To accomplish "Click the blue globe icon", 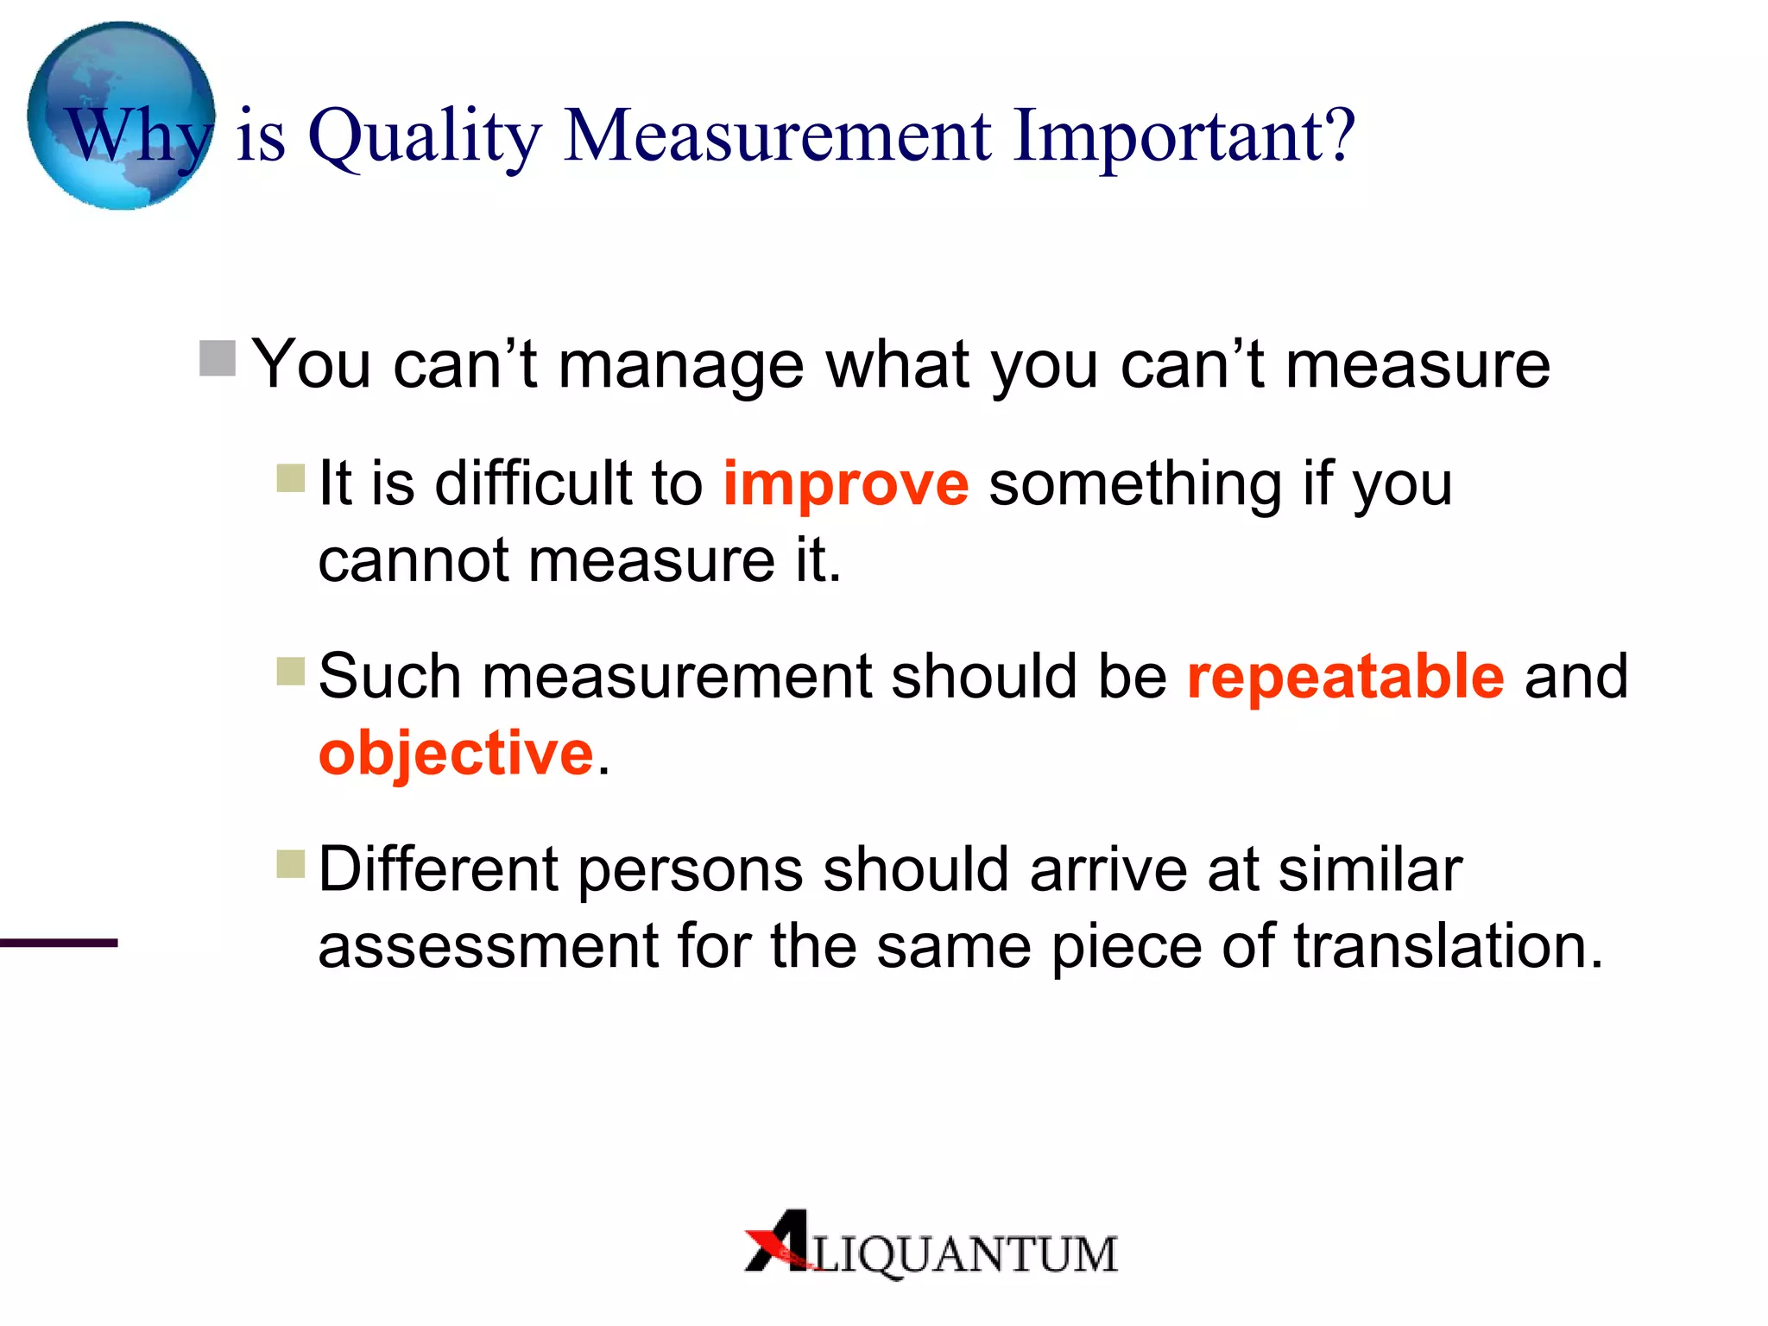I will click(121, 115).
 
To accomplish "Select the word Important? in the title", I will click(1184, 136).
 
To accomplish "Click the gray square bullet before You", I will click(218, 358).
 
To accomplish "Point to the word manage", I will click(681, 365).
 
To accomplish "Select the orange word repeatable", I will click(1346, 676).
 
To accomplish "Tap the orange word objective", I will click(456, 753).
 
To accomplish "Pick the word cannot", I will click(414, 560).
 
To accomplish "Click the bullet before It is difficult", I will click(291, 477).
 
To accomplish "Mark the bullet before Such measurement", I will click(291, 671).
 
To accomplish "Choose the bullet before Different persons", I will click(291, 863).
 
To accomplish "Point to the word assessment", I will click(488, 946).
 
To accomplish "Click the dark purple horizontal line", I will click(59, 943).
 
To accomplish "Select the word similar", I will click(1370, 869).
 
